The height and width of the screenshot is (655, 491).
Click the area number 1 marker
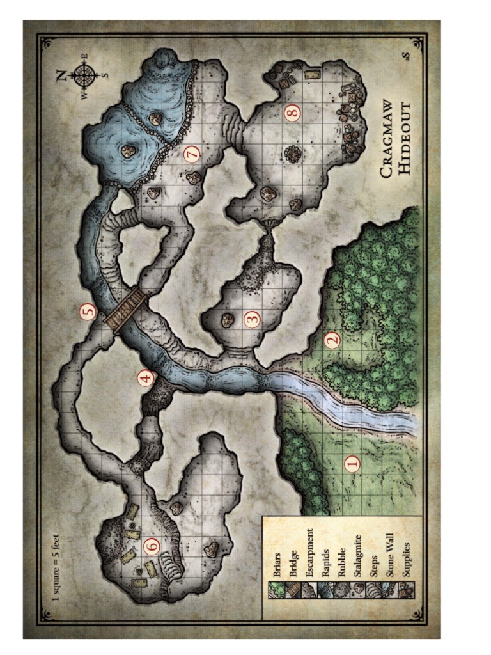coord(352,463)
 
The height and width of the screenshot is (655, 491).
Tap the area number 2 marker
coord(331,340)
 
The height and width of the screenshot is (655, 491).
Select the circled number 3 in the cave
coord(253,318)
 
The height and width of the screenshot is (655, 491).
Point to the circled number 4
coord(146,378)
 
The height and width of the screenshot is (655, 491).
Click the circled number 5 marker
coord(88,312)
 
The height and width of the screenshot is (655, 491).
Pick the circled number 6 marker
coord(152,546)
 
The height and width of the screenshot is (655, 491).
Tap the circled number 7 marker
coord(192,153)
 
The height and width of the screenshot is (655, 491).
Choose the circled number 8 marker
coord(292,114)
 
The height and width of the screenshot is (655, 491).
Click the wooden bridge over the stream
coord(126,308)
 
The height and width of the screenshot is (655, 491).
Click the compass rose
coord(84,75)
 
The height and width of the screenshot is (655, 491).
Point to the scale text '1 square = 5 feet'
coord(56,564)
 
